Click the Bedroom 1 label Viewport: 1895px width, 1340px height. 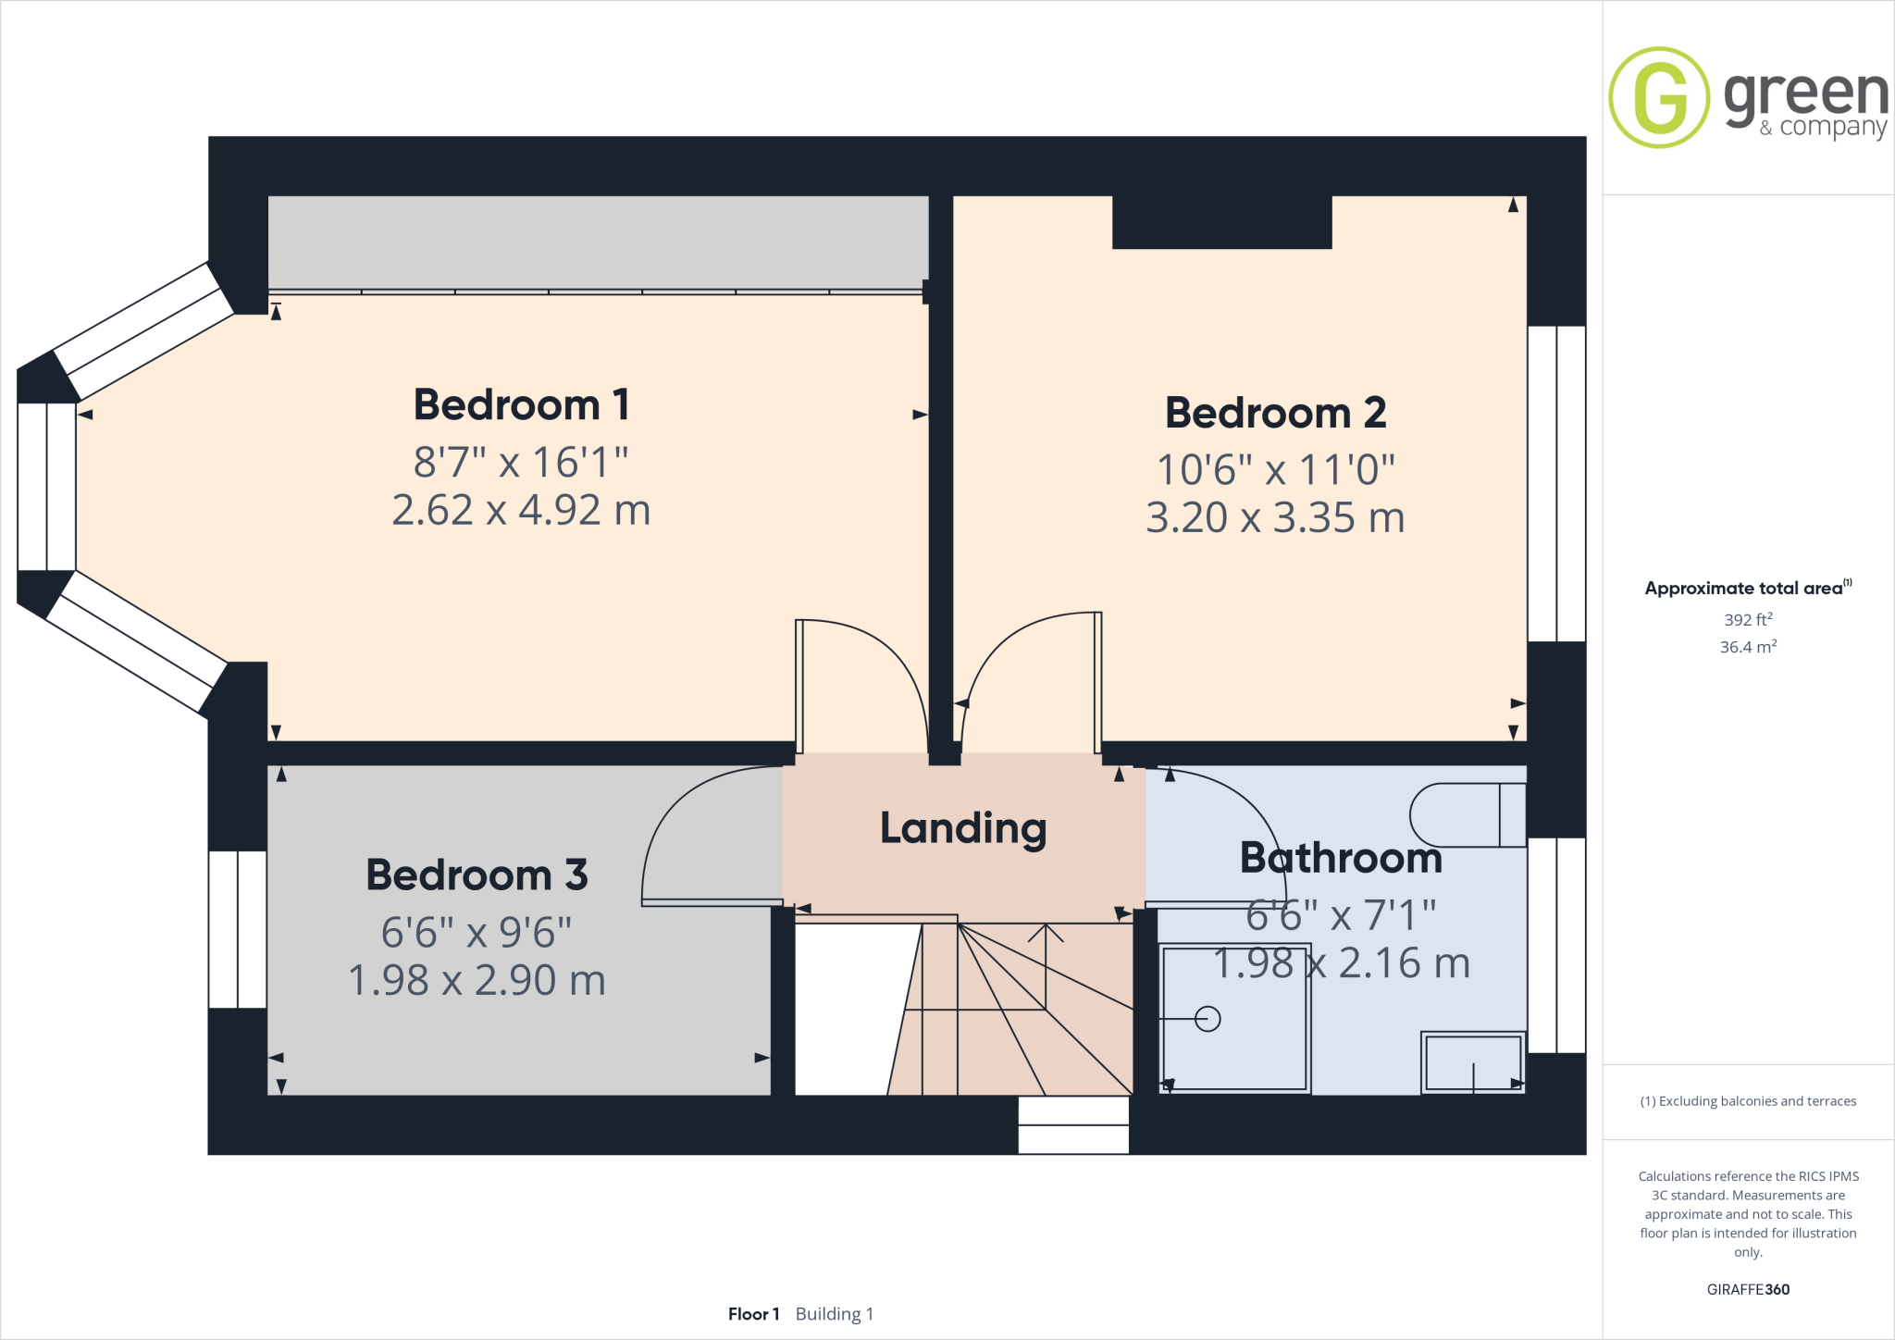tap(521, 405)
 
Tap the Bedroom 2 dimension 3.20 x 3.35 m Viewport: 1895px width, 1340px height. tap(1275, 518)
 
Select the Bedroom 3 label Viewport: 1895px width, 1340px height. tap(477, 875)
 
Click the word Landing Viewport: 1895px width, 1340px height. tap(963, 828)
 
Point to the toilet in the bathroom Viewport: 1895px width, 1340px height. tap(1466, 815)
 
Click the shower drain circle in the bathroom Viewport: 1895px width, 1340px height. tap(1208, 1019)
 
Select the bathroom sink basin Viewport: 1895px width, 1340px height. tap(1472, 1062)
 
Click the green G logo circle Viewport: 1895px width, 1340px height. tap(1659, 98)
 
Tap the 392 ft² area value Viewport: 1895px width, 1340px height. tap(1748, 620)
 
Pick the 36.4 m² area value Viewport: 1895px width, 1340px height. tap(1748, 647)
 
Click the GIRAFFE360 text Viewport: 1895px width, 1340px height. tap(1748, 1289)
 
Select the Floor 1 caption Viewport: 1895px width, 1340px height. tap(753, 1314)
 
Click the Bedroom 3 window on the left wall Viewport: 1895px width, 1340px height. tap(238, 929)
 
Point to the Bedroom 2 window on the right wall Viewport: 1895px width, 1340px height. tap(1556, 483)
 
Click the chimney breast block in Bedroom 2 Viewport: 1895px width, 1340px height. tap(1221, 222)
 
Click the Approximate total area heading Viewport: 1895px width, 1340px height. tap(1744, 589)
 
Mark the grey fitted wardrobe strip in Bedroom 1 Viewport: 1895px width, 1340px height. tap(598, 242)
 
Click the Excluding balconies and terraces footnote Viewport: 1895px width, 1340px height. tap(1748, 1101)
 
